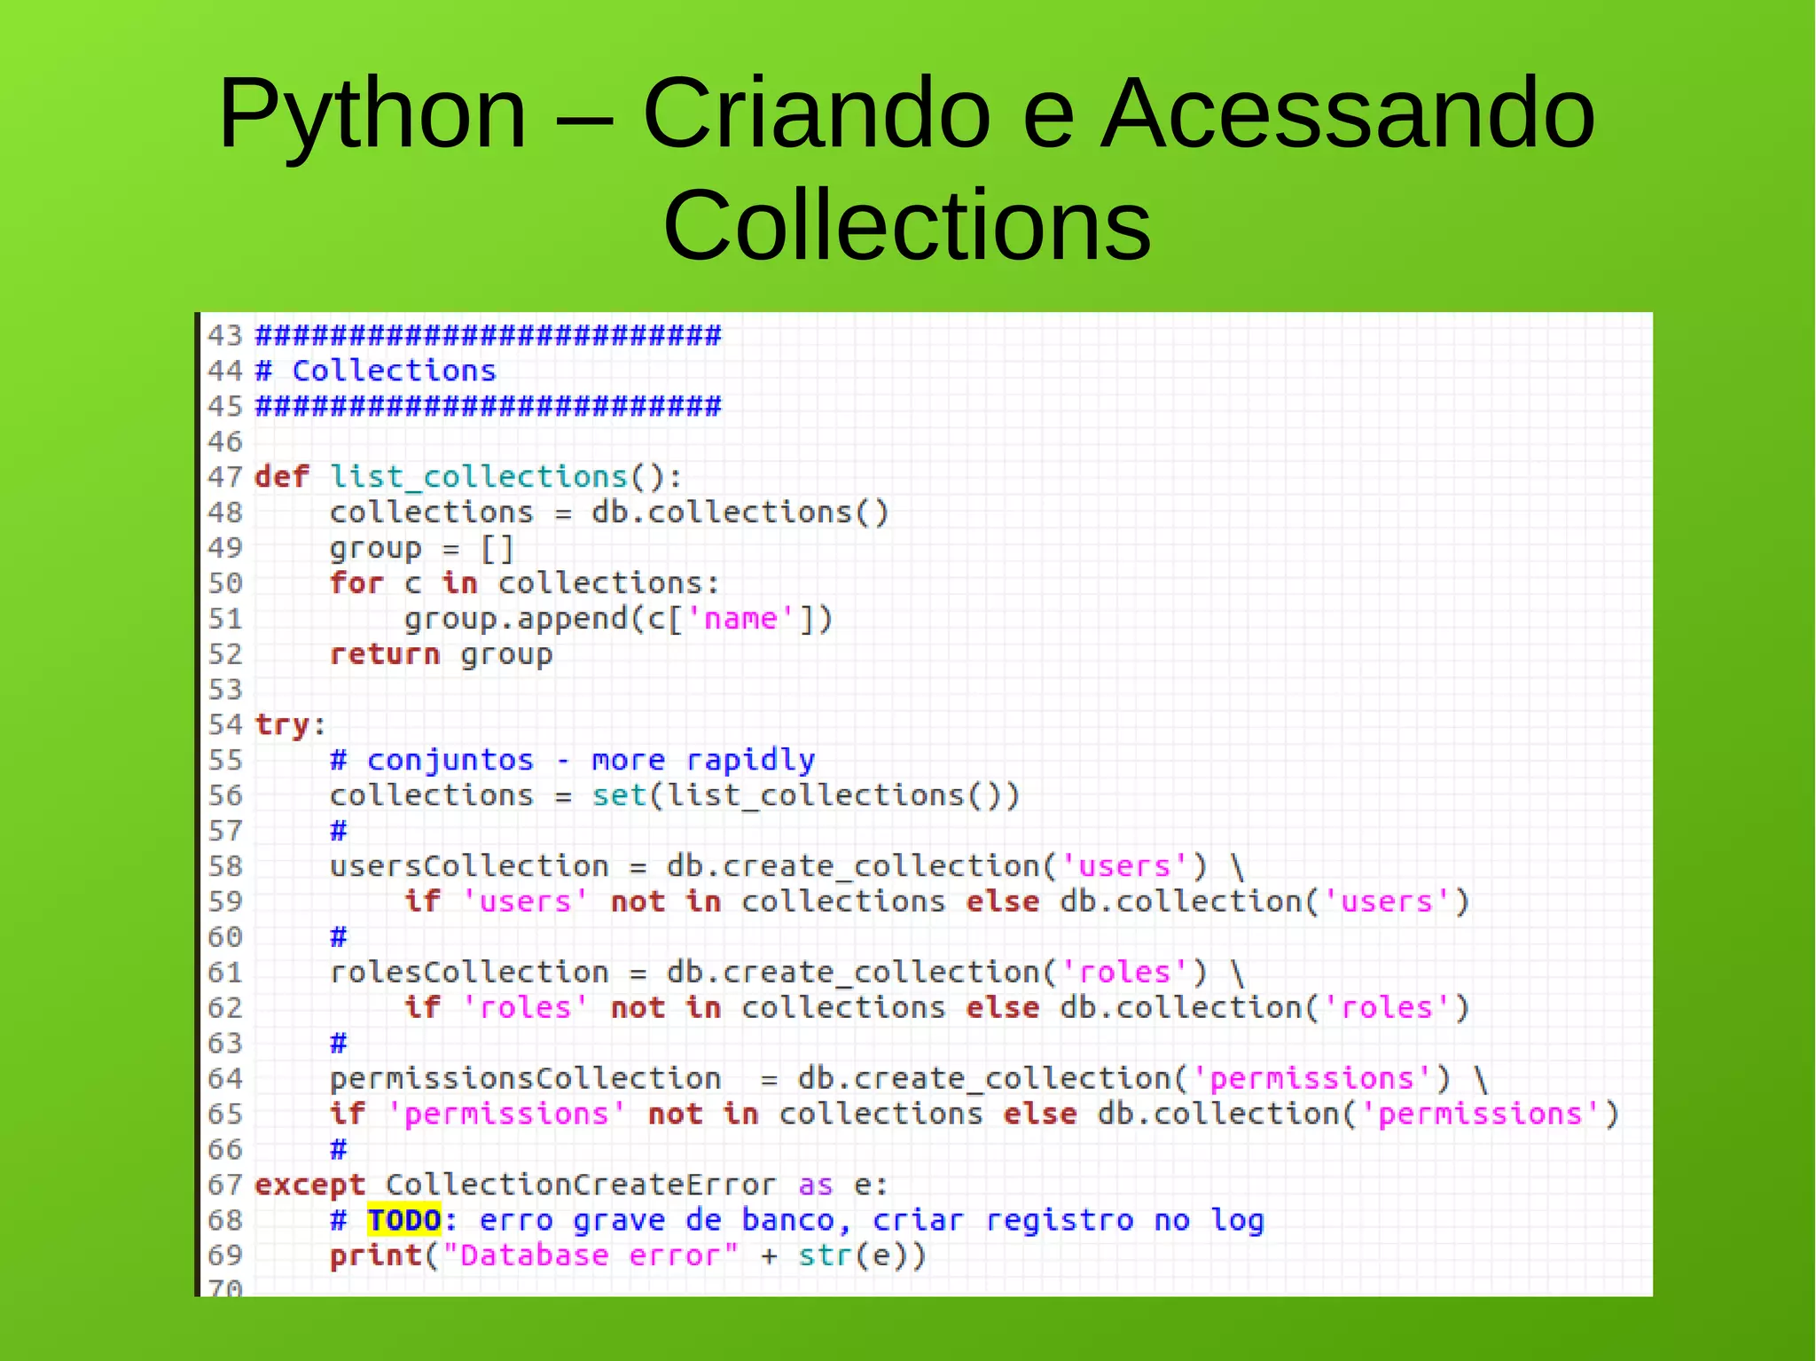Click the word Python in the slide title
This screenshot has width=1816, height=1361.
coord(372,115)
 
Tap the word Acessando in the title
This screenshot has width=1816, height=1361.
coord(1347,115)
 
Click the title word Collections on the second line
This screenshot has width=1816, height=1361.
coord(906,226)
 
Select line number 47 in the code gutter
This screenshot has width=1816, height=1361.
coord(224,477)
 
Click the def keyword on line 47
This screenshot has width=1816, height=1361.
coord(282,477)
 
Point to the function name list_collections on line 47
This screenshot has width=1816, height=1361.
coord(479,477)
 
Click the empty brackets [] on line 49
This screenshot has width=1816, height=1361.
coord(497,548)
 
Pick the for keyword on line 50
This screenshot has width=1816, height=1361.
coord(356,583)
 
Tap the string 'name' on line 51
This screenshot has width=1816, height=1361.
coord(740,618)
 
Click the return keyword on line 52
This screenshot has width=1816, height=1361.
coord(385,654)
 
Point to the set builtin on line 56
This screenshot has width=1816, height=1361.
coord(619,795)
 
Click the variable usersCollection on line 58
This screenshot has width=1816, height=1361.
coord(469,866)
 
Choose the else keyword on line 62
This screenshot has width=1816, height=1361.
coord(1002,1008)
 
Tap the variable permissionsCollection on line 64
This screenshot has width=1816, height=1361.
coord(525,1079)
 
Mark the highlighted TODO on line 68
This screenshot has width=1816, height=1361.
coord(404,1221)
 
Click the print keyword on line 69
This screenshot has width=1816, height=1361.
coord(376,1256)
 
